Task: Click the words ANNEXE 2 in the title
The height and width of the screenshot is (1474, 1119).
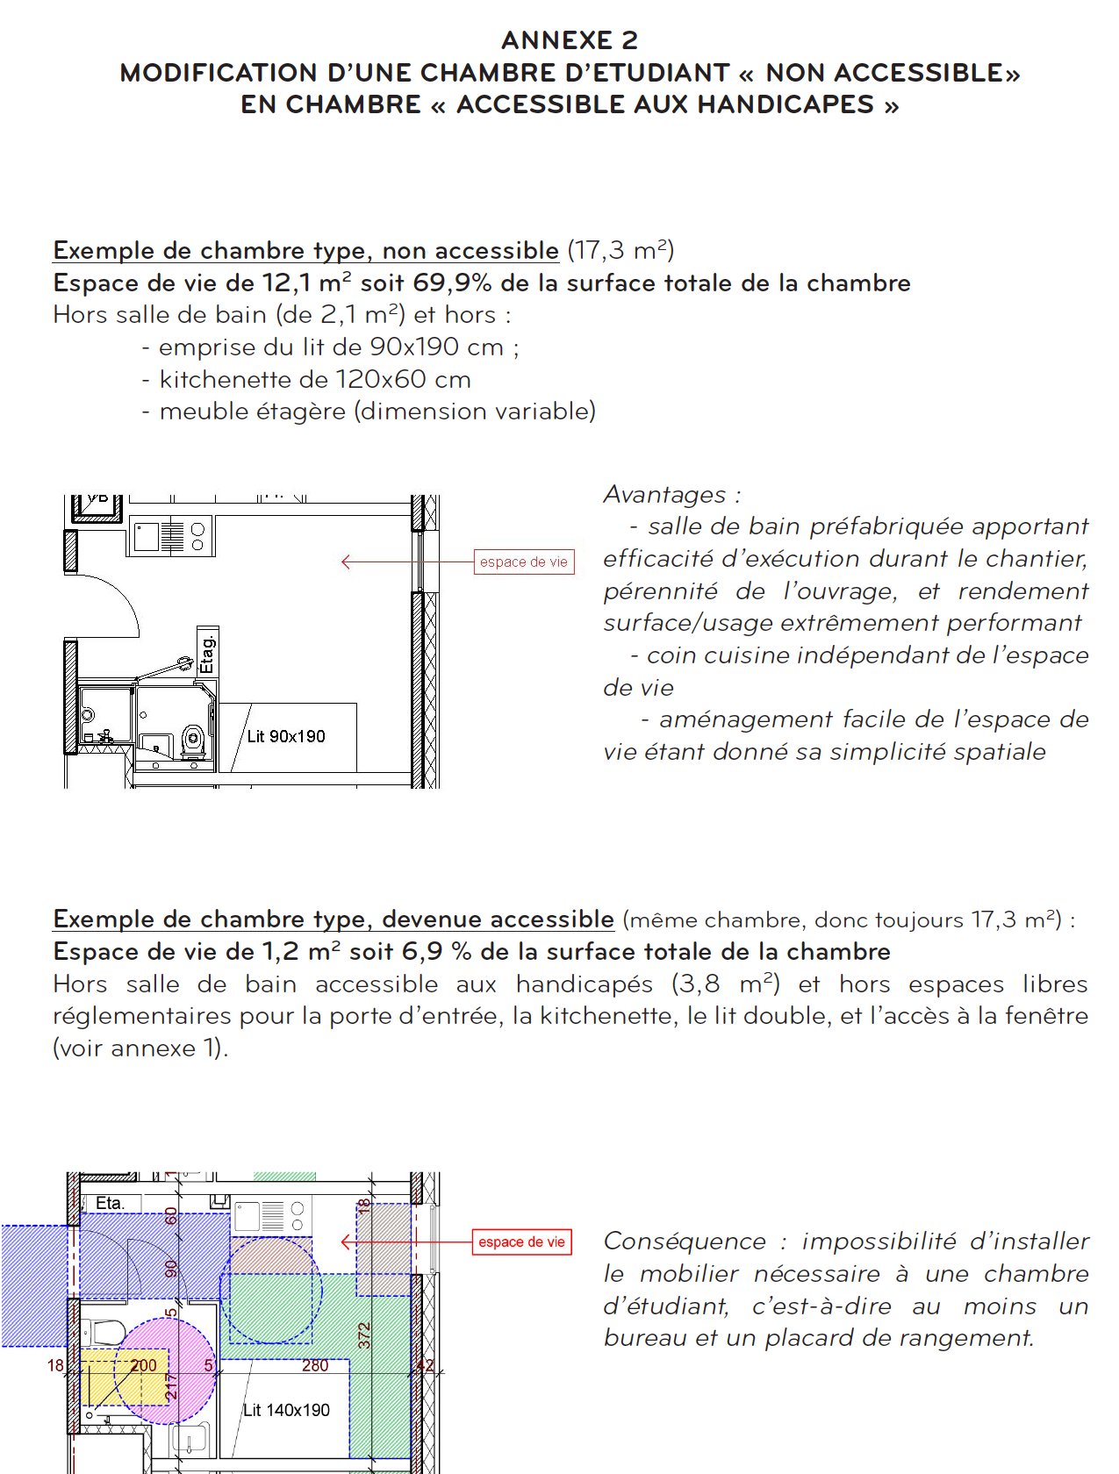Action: (570, 40)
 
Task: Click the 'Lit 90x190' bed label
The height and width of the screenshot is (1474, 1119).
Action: (286, 737)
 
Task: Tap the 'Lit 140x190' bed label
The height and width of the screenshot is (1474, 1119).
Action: (286, 1410)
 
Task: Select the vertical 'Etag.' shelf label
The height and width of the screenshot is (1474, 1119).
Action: (207, 655)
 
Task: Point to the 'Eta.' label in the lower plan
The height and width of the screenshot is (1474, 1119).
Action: (110, 1203)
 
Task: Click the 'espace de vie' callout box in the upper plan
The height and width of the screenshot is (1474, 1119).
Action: (524, 562)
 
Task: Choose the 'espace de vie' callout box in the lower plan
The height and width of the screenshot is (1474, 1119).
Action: (521, 1242)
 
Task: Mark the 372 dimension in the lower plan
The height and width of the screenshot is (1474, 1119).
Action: (365, 1335)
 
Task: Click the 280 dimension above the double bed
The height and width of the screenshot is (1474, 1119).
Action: (315, 1366)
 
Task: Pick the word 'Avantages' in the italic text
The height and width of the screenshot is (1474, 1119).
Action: (665, 495)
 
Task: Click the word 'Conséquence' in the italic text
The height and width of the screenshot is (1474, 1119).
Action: (685, 1241)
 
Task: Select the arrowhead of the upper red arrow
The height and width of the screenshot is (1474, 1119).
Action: (345, 562)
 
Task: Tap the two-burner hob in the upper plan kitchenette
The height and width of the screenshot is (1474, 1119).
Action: (197, 536)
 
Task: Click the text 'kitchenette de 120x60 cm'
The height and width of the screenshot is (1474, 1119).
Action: (315, 380)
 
